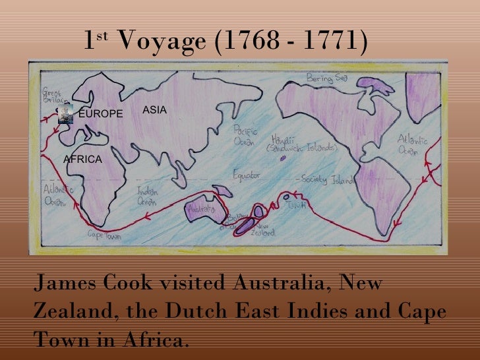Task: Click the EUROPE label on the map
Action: pyautogui.click(x=100, y=114)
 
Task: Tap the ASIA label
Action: pyautogui.click(x=155, y=110)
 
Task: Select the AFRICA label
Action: pyautogui.click(x=82, y=160)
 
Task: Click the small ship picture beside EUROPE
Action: pyautogui.click(x=65, y=114)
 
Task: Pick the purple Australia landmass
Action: pyautogui.click(x=202, y=210)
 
